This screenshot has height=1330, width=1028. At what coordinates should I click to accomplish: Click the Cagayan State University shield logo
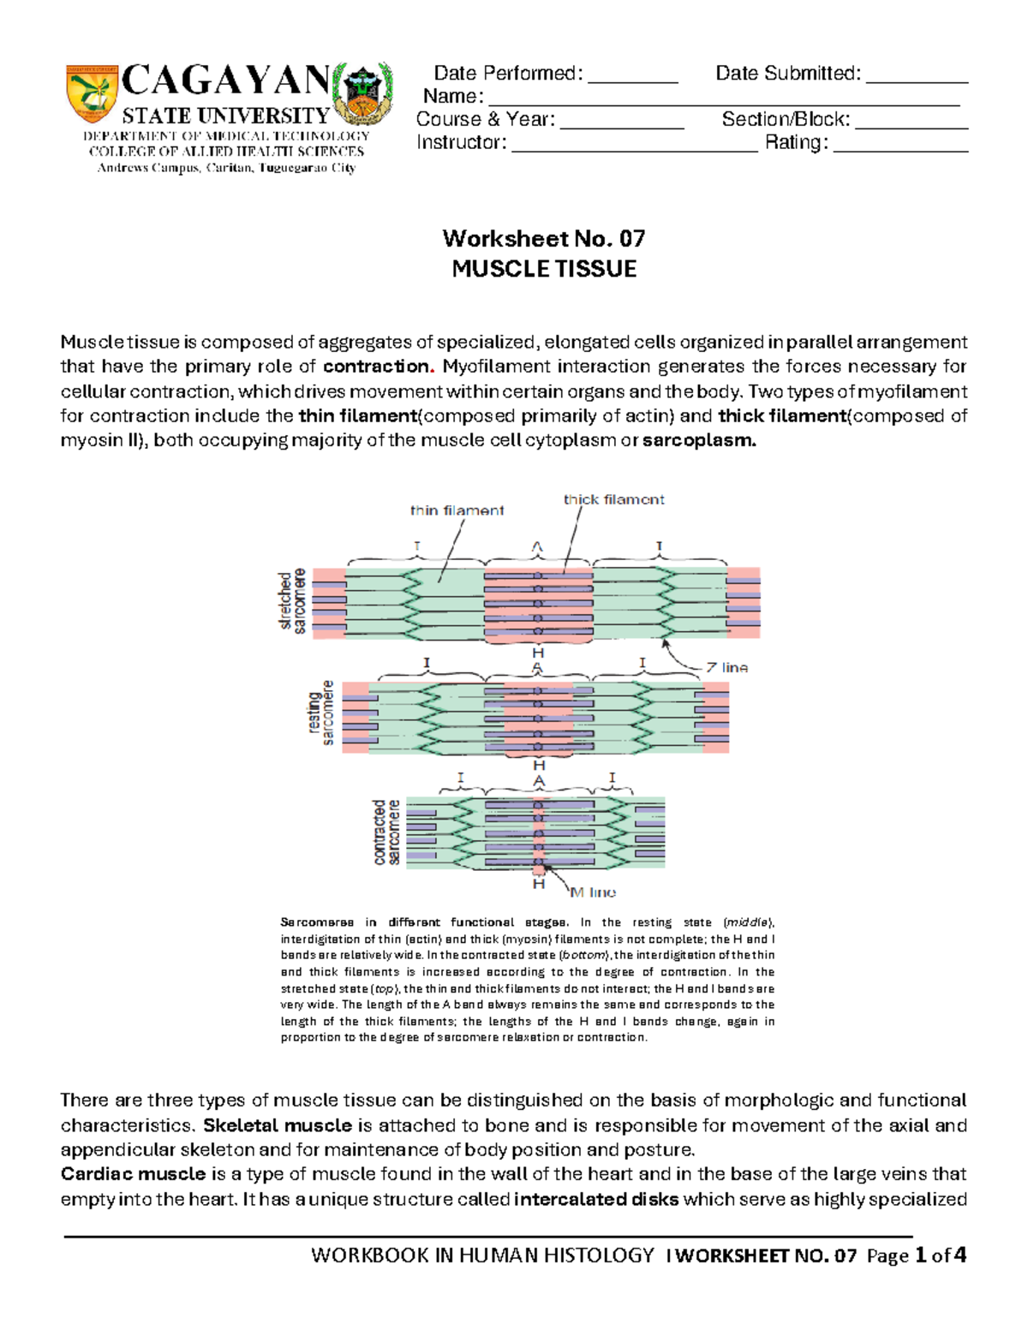[92, 93]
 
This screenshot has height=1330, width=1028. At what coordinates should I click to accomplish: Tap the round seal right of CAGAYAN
[363, 93]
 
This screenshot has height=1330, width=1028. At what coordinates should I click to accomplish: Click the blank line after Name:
[724, 98]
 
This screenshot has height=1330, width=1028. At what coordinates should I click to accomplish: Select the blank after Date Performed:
[633, 75]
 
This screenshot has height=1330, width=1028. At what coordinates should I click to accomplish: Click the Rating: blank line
[900, 144]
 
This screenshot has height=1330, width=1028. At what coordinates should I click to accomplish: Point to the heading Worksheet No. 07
[544, 238]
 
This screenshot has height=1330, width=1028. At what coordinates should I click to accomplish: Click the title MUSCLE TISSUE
[544, 269]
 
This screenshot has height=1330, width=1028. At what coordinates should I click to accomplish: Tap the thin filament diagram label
[457, 510]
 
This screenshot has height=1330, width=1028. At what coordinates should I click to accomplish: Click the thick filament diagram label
[613, 499]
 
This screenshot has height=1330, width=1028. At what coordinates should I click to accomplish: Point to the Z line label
[726, 667]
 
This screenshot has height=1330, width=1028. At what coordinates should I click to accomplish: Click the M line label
[593, 892]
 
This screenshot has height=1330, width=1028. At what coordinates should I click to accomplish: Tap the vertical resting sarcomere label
[321, 713]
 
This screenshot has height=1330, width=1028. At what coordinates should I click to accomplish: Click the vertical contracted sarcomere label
[386, 833]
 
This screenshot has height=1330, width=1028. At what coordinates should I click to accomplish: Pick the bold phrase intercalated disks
[596, 1199]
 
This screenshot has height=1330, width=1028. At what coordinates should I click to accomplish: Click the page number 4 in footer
[960, 1255]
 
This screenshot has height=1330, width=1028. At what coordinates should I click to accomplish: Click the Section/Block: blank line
[911, 121]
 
